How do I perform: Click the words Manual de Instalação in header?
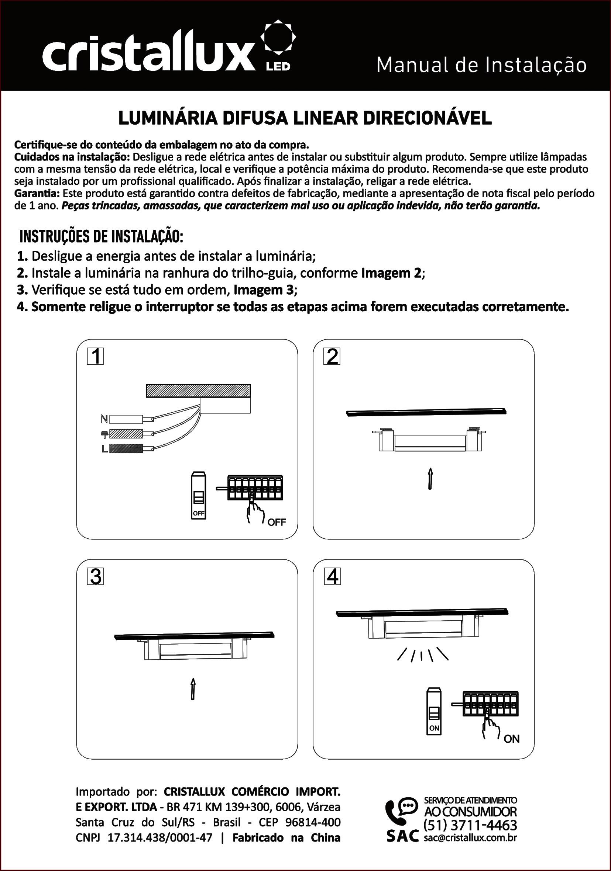pos(481,66)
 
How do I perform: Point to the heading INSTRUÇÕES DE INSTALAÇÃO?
pos(102,237)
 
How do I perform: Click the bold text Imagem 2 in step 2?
pos(391,273)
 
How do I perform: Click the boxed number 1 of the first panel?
pos(95,357)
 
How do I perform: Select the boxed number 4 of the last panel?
pos(332,577)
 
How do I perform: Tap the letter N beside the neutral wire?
pos(104,419)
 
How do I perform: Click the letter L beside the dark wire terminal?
pos(104,449)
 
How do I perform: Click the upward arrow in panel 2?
pos(430,478)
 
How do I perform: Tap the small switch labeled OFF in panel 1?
pos(199,495)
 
